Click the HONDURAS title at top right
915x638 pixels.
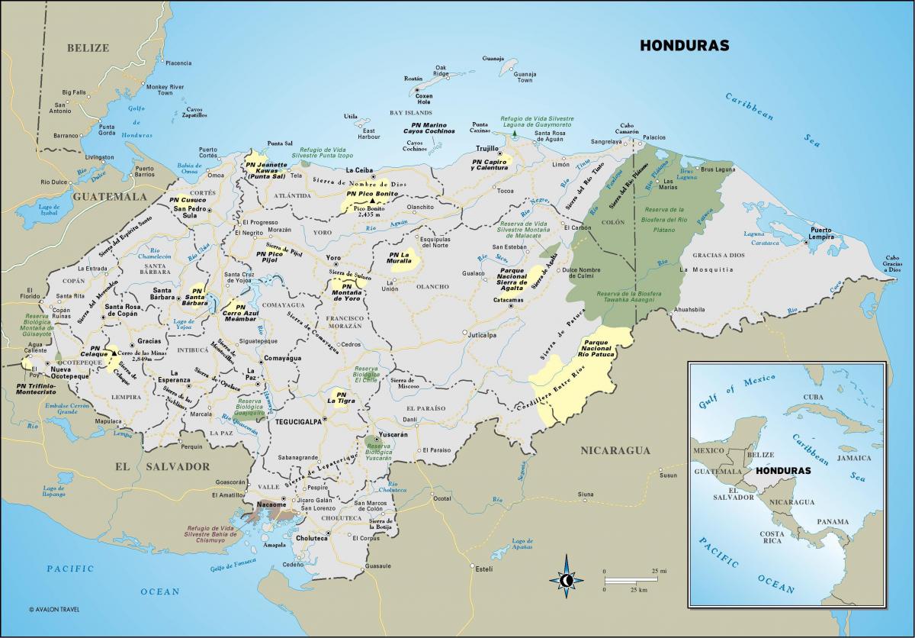pyautogui.click(x=684, y=45)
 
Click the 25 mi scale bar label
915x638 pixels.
pyautogui.click(x=659, y=571)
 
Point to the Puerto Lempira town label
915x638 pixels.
pyautogui.click(x=821, y=234)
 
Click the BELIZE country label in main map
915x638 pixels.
pyautogui.click(x=88, y=47)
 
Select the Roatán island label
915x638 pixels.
pyautogui.click(x=413, y=79)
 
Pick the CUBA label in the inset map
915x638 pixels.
pyautogui.click(x=813, y=398)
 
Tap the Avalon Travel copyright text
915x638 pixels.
pyautogui.click(x=55, y=610)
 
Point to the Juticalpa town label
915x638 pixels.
pyautogui.click(x=482, y=334)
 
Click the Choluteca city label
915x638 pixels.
pyautogui.click(x=312, y=538)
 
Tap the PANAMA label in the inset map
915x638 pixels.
pyautogui.click(x=832, y=522)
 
